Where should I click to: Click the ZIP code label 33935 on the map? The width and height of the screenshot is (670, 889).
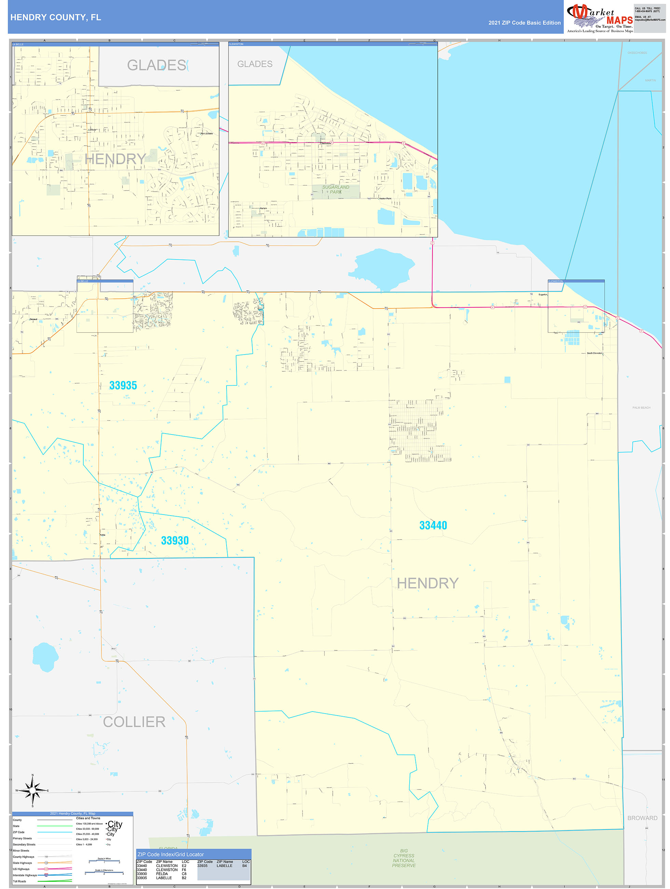[x=123, y=385]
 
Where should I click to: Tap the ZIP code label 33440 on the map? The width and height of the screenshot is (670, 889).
[x=433, y=525]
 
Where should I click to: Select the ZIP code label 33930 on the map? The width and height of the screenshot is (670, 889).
[x=175, y=541]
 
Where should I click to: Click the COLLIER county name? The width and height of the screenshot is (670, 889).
[x=134, y=722]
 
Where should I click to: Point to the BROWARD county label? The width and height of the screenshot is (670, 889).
[x=642, y=818]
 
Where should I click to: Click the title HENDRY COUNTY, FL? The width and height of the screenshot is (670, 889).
[x=56, y=17]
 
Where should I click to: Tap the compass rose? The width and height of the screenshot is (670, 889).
[x=32, y=791]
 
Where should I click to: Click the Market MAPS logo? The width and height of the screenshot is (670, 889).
[x=599, y=17]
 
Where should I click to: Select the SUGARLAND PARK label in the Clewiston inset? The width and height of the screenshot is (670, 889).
[x=336, y=189]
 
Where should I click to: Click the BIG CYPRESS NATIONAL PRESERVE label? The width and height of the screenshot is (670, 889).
[x=404, y=858]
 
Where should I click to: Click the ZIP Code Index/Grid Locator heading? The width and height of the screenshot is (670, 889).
[x=171, y=854]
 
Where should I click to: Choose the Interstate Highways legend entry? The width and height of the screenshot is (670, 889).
[x=25, y=875]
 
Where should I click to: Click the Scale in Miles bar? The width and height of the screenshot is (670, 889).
[x=104, y=862]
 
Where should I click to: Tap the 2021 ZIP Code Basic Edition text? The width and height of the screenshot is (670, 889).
[x=524, y=23]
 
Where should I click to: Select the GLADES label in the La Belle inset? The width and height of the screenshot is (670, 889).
[x=156, y=65]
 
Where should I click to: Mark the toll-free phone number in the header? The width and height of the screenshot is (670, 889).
[x=647, y=10]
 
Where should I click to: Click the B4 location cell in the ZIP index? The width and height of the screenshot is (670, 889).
[x=245, y=866]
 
